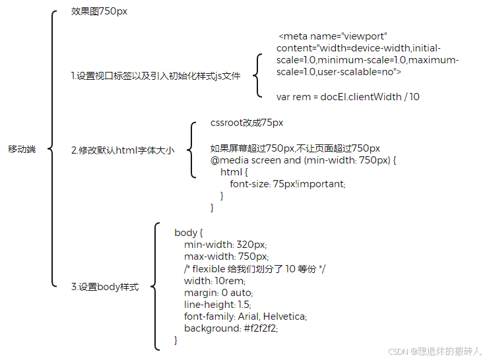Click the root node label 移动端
pos(22,150)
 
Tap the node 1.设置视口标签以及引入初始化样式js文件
pos(156,76)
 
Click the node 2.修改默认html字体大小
pos(123,150)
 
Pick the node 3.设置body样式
pos(105,287)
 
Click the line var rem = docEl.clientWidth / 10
pos(348,97)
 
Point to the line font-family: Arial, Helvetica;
pos(245,316)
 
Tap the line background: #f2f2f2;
pos(231,328)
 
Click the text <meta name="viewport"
pos(333,36)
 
